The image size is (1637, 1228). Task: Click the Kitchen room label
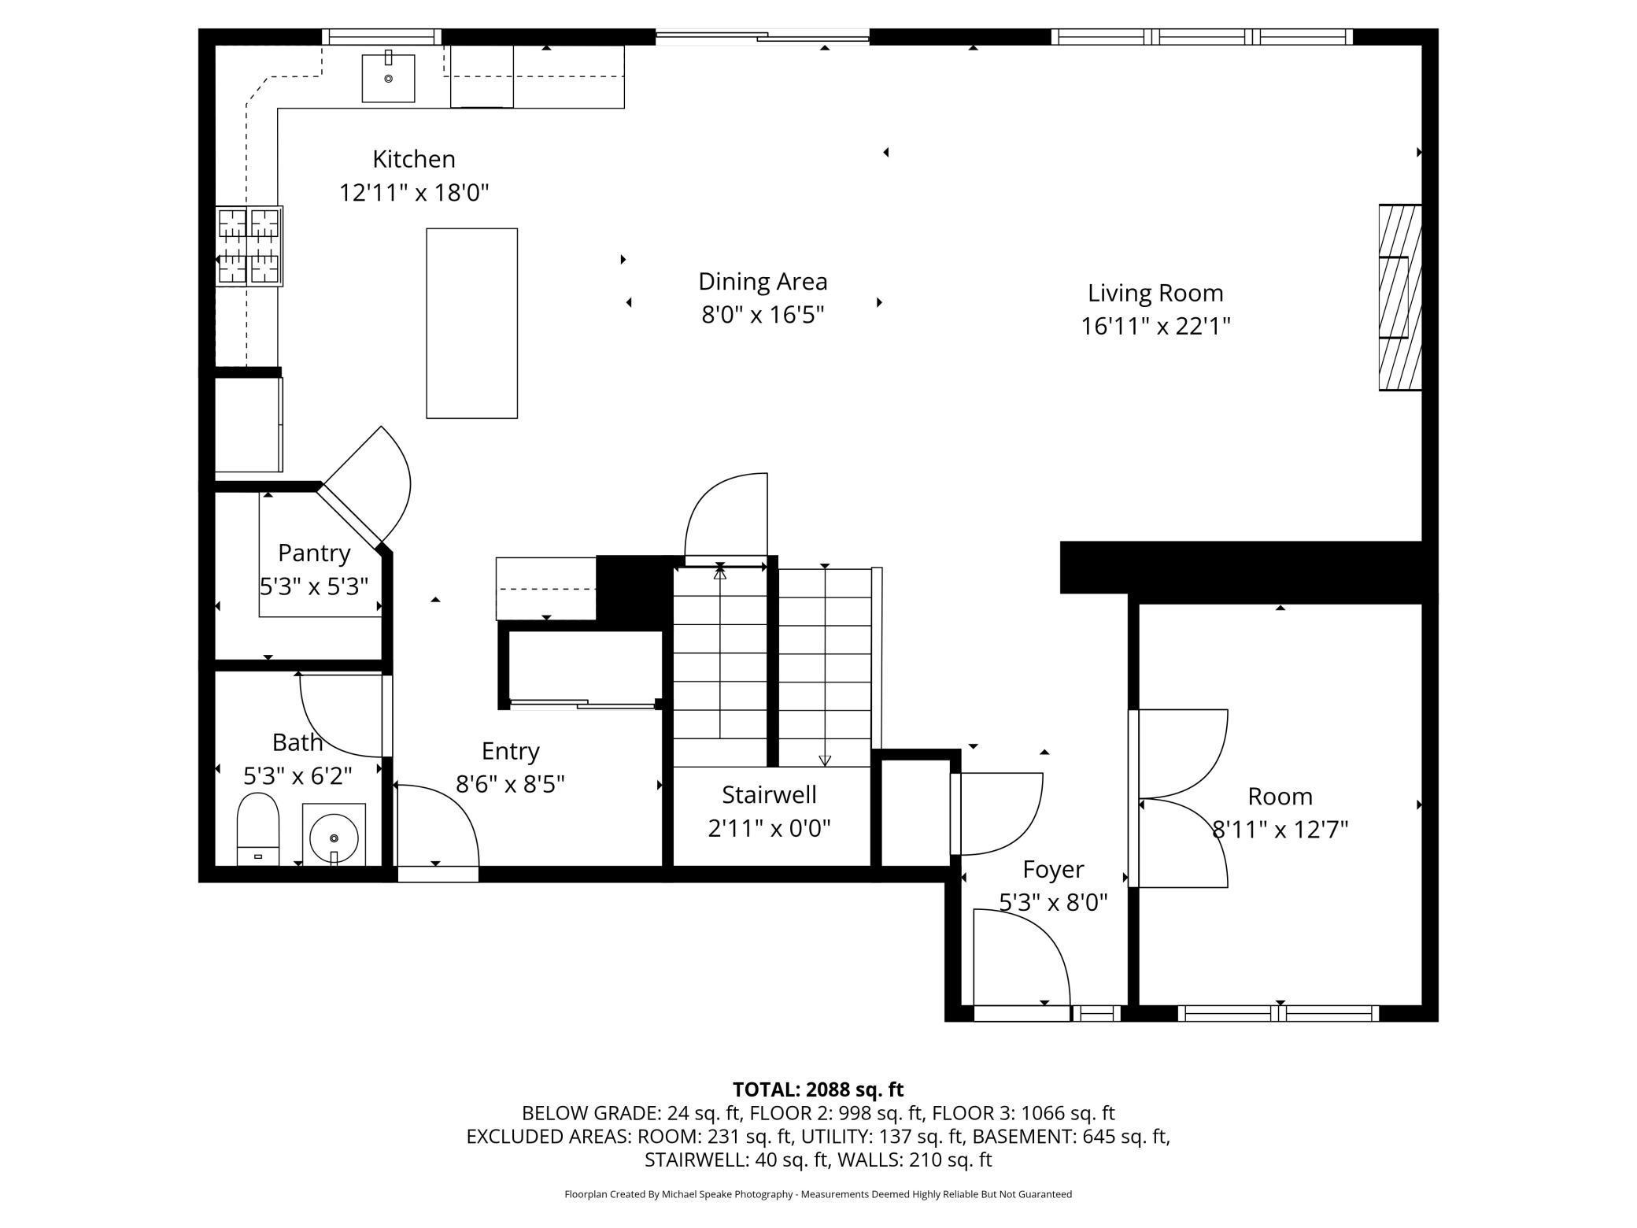tap(414, 159)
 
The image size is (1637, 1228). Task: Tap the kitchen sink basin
tap(388, 78)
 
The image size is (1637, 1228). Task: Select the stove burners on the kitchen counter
tap(249, 246)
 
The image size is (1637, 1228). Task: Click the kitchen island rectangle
tap(472, 323)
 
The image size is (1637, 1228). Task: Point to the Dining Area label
tap(763, 282)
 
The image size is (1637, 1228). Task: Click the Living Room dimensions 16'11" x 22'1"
tap(1155, 326)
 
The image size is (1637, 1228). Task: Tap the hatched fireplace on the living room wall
tap(1400, 297)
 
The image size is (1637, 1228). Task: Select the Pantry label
tap(314, 553)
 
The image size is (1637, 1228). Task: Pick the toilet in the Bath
tap(258, 829)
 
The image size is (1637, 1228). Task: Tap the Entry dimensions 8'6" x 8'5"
tap(511, 785)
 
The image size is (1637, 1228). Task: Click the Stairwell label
tap(769, 795)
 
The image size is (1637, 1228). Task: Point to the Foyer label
tap(1053, 869)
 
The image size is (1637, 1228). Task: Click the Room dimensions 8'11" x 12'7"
tap(1280, 830)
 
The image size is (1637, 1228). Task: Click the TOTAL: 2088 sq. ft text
tap(818, 1089)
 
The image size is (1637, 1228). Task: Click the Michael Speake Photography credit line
tap(818, 1194)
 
